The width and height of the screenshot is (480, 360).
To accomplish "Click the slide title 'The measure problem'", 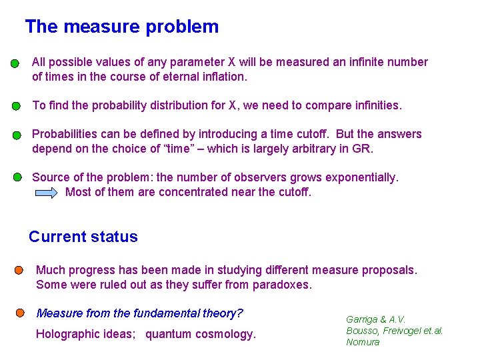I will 121,27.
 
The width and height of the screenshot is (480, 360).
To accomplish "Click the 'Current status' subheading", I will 83,237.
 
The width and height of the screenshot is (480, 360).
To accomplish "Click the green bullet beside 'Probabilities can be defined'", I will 17,135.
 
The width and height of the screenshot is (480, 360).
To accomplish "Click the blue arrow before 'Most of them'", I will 47,193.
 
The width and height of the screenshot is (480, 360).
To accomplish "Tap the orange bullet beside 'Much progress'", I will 20,270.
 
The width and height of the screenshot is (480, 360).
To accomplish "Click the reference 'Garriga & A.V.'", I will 375,319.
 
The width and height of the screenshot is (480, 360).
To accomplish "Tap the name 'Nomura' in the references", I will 363,342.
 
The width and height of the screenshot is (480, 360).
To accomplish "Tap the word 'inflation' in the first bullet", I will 221,76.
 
